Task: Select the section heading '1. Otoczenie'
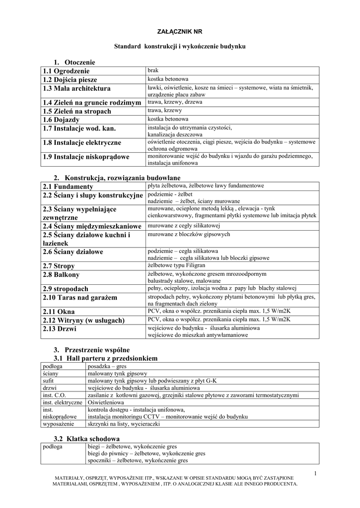click(74, 62)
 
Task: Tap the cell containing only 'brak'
click(153, 70)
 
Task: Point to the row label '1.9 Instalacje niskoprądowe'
click(86, 157)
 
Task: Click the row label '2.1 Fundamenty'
click(68, 186)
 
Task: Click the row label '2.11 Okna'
click(59, 311)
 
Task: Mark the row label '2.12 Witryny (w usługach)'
click(83, 320)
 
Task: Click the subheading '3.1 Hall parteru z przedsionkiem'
click(105, 358)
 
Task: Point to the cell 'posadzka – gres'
click(107, 366)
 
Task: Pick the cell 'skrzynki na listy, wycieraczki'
click(124, 424)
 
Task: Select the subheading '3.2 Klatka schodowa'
click(86, 439)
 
